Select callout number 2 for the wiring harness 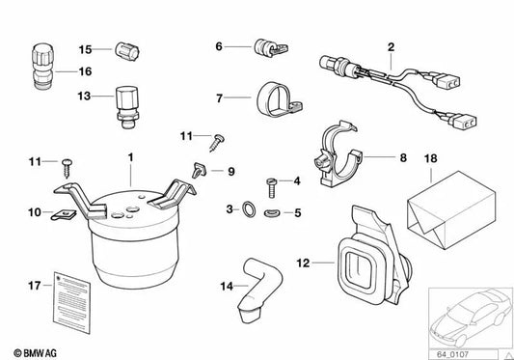pos(391,46)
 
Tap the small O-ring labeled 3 pos(251,209)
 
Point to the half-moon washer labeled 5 pos(272,211)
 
